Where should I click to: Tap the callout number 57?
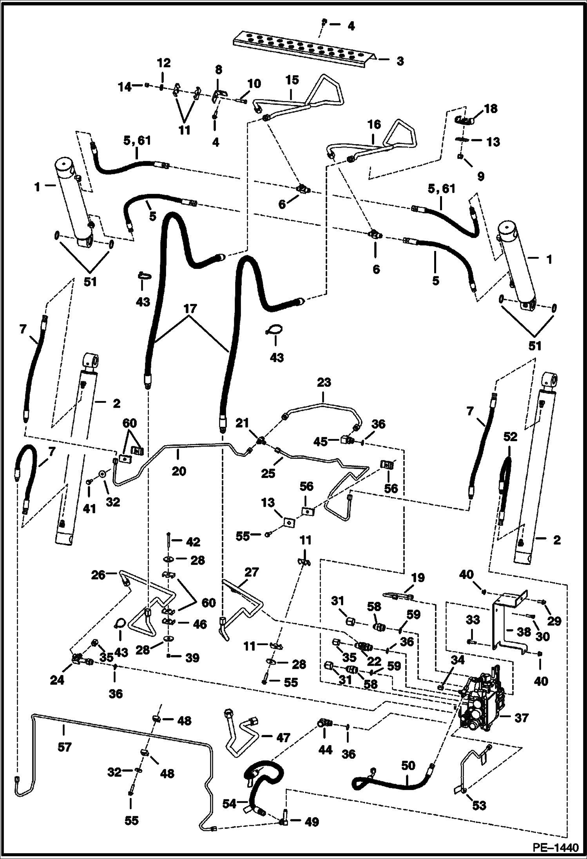(x=65, y=747)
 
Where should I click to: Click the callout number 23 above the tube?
(x=324, y=382)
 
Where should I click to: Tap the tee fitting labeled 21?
(x=260, y=442)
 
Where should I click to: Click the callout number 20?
(x=179, y=471)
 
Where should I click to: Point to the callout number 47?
(x=283, y=738)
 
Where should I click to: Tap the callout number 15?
(x=292, y=80)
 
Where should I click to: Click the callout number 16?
(x=374, y=125)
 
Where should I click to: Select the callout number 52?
(x=510, y=437)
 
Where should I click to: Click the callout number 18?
(x=491, y=108)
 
